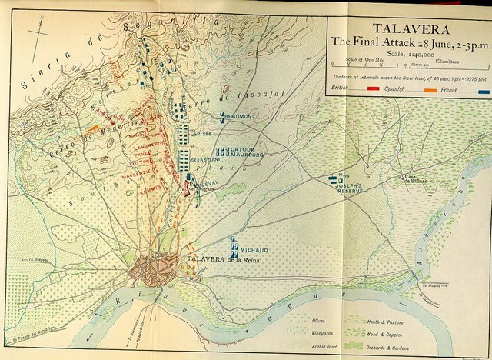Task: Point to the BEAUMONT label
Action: (240, 116)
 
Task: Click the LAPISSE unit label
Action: (200, 133)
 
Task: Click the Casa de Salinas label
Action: (416, 180)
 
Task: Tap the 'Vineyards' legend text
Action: (323, 333)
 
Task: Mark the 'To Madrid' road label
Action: (431, 285)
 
